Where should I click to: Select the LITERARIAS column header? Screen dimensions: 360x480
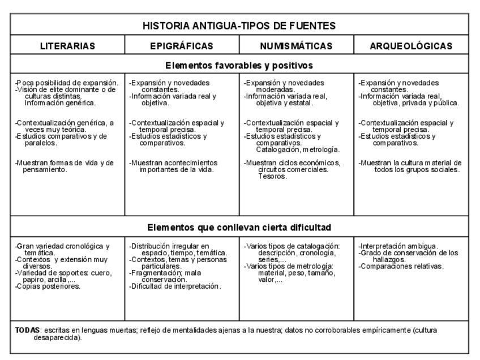coord(67,46)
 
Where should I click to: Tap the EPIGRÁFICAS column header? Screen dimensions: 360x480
coord(182,46)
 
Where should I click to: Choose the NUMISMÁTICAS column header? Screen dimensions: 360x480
coord(296,46)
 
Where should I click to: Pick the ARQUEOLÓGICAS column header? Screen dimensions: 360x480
coord(411,46)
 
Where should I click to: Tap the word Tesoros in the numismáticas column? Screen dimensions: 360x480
coord(272,177)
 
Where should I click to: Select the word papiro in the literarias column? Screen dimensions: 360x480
coord(35,280)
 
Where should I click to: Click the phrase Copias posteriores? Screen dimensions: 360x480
coord(49,286)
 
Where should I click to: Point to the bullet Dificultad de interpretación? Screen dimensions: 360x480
coord(175,286)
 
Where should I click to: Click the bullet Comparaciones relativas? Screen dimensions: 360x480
coord(402,266)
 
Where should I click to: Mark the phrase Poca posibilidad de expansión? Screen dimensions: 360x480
coord(67,83)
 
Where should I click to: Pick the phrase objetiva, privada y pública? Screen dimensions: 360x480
coord(415,103)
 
